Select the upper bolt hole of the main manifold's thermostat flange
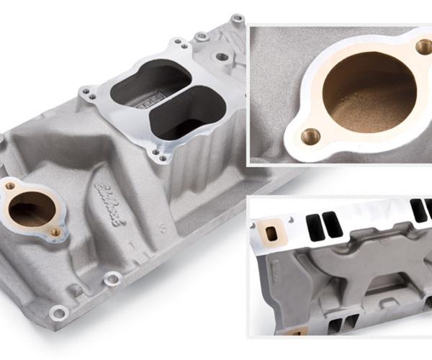(x=10, y=186)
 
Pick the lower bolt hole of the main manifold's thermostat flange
(x=55, y=232)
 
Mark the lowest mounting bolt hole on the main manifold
(x=58, y=311)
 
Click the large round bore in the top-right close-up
(x=366, y=90)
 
